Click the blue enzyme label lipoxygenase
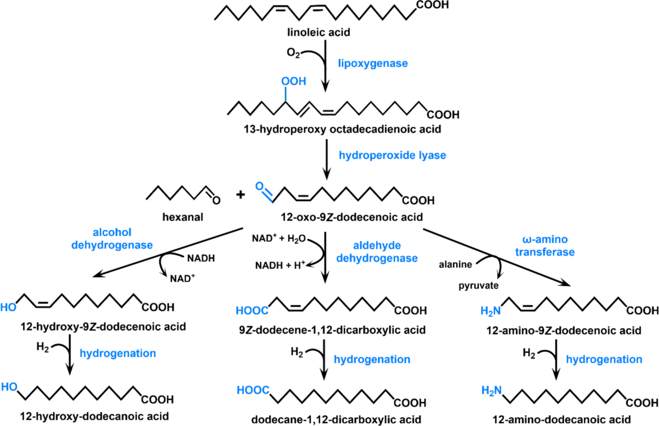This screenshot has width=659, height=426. coord(373,64)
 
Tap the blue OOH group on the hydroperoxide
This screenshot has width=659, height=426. coord(294,81)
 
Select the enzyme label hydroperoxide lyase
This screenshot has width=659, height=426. coord(393,156)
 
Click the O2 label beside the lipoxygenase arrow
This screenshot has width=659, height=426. coord(293,53)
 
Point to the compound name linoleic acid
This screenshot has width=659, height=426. coord(319,32)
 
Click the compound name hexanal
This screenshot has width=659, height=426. coord(183,217)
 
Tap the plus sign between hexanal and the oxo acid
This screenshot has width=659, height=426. coord(241,195)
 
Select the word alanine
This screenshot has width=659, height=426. coord(455,264)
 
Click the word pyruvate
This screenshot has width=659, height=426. coord(479,286)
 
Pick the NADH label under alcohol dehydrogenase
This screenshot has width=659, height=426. coord(201,258)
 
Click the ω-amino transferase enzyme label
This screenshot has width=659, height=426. coord(545,246)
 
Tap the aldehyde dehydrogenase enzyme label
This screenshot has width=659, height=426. coord(377,252)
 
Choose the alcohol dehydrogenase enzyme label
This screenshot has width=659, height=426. coord(112,239)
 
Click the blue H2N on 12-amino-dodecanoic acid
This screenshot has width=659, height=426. coord(492,391)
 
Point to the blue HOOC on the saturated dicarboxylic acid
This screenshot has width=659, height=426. coord(253,390)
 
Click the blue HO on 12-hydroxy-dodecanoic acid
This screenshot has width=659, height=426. coord(9,387)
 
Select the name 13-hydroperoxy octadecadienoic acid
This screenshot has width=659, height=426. coord(343,129)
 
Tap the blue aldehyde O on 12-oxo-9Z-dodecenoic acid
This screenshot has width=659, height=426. coord(259,186)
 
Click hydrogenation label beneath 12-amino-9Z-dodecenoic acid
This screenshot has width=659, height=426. coord(604,359)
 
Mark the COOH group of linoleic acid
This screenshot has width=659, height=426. coord(433,5)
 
